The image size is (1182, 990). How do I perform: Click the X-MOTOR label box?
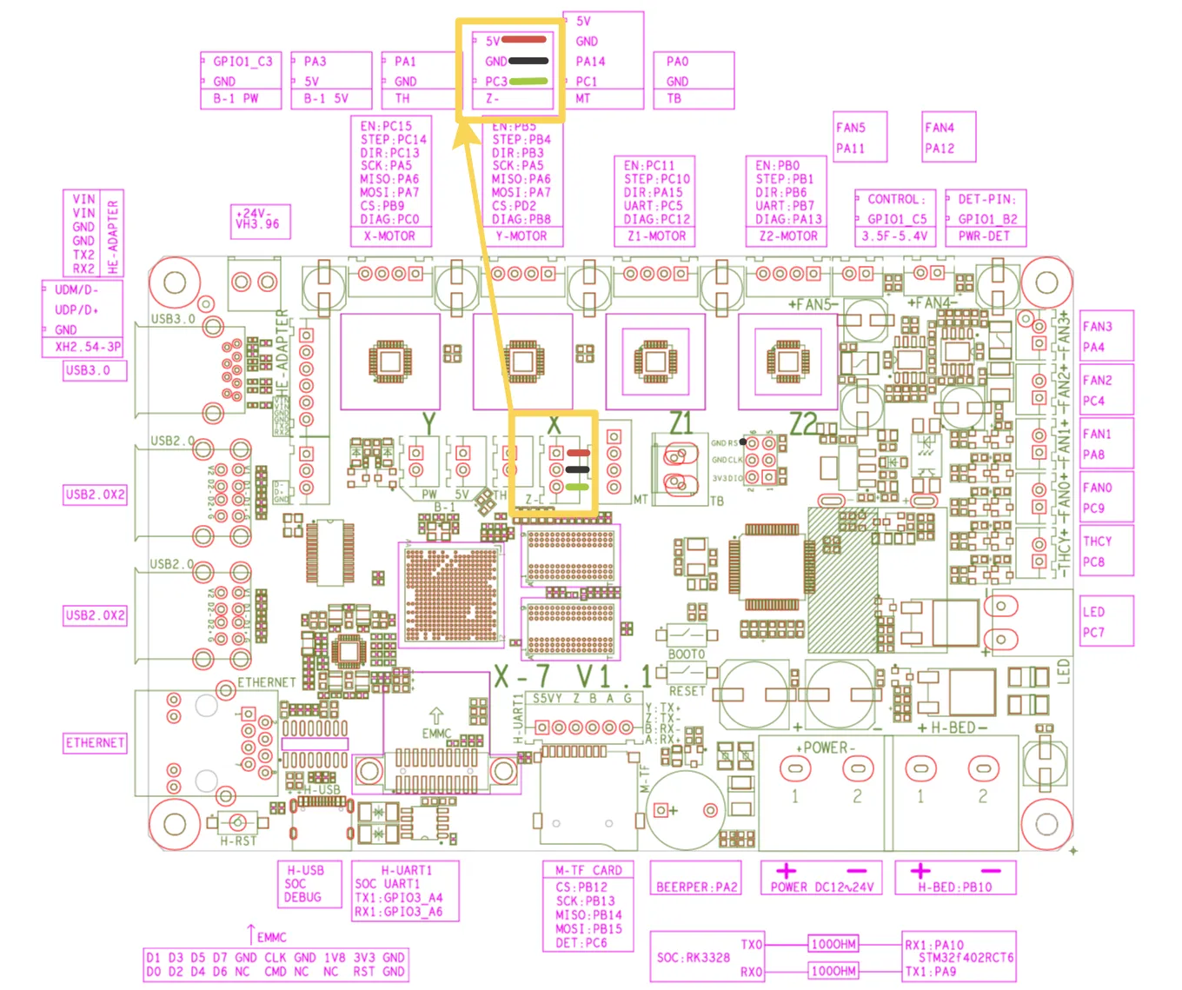(389, 236)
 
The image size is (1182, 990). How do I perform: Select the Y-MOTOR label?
(521, 236)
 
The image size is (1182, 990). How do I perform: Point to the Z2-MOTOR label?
(787, 236)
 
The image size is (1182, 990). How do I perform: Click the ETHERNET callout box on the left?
(95, 743)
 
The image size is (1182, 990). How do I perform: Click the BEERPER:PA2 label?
(696, 887)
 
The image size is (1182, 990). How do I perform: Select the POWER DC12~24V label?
(821, 887)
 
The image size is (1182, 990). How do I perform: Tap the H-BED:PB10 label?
(954, 887)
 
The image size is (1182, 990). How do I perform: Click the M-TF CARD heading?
(588, 870)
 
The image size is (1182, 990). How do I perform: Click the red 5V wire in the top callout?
(524, 39)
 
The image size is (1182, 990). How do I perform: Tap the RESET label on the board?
(687, 692)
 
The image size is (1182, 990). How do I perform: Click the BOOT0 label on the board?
(686, 654)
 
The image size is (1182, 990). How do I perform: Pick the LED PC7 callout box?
(1106, 621)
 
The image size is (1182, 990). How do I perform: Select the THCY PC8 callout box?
(1106, 551)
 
